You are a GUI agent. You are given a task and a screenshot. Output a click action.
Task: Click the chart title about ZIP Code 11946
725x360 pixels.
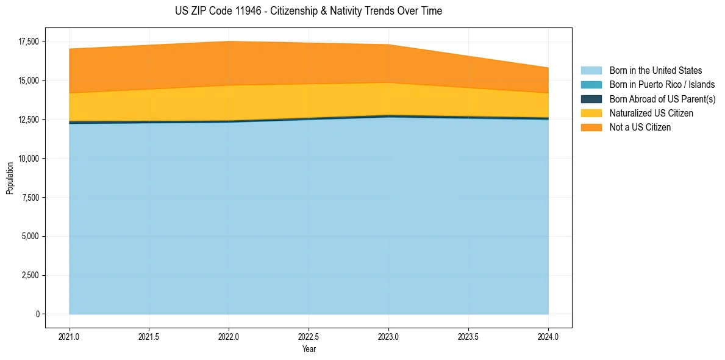tap(308, 11)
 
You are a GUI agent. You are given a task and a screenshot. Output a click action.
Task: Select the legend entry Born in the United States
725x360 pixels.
tap(655, 71)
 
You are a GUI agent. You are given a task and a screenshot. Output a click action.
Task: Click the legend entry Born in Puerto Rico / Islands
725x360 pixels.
tap(662, 85)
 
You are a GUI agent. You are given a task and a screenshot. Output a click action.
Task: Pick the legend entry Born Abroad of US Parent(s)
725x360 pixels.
tap(662, 99)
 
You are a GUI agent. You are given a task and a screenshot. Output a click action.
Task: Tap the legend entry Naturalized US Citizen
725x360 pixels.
tap(651, 113)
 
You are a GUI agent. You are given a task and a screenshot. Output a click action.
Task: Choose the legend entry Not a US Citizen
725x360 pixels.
tap(640, 128)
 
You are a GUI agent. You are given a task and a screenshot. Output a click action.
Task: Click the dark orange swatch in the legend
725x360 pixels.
tap(591, 128)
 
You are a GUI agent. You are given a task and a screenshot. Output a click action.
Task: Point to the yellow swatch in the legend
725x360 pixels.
tap(591, 113)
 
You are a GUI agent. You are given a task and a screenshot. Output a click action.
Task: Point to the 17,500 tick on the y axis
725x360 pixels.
tap(28, 41)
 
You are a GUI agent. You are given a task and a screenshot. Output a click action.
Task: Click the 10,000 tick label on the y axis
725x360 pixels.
tap(28, 159)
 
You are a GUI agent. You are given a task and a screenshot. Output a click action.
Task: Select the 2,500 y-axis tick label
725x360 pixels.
tap(30, 275)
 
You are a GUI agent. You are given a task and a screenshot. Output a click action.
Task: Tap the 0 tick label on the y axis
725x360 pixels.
tap(37, 314)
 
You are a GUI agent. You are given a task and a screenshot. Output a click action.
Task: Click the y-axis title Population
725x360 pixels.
tap(10, 178)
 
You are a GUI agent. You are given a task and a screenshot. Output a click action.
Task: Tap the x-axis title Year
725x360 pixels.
tap(309, 350)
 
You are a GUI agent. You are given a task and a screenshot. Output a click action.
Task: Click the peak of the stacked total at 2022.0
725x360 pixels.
tap(229, 41)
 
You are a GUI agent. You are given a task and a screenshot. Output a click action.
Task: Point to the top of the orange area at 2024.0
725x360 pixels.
tap(548, 68)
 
